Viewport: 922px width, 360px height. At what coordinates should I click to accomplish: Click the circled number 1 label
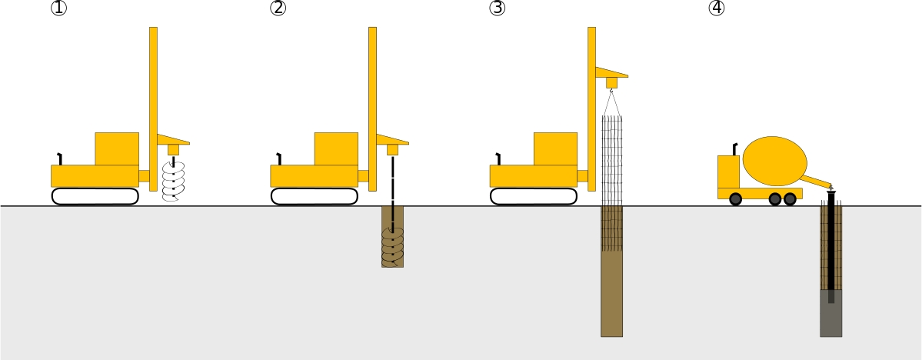coord(58,8)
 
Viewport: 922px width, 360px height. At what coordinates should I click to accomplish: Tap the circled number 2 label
coord(278,8)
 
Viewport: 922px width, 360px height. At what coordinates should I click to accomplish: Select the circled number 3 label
coord(497,8)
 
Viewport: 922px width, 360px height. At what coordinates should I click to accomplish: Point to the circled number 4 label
coord(716,8)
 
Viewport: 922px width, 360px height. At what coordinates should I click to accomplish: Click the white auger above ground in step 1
coord(174,182)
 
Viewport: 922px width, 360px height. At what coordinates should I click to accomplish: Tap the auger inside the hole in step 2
coord(393,246)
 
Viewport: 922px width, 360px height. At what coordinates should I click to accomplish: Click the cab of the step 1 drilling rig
coord(117,148)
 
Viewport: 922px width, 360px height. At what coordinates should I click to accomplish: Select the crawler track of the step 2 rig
coord(314,196)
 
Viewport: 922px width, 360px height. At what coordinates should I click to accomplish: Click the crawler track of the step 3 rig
coord(534,196)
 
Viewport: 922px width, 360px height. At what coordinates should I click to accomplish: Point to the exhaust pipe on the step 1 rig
coord(59,158)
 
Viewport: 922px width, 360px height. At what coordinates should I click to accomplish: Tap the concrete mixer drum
coord(775,161)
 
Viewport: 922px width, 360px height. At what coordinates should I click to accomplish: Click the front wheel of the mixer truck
coord(736,199)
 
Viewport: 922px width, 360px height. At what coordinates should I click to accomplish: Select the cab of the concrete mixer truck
coord(728,172)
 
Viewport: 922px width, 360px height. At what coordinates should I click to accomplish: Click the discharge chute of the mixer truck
coord(817,181)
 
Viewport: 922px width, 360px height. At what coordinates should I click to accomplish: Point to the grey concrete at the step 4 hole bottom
coord(830,314)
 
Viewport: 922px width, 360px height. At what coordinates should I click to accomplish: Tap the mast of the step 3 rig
coord(591,108)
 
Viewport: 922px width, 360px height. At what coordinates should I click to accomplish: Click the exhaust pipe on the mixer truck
coord(734,149)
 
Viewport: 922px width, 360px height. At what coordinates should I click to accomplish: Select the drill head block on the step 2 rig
coord(392,150)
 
